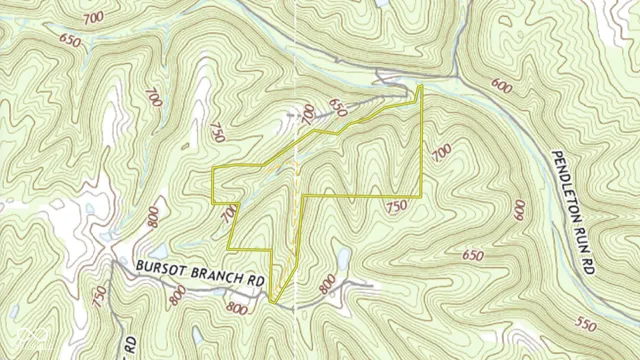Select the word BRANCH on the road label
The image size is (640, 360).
point(212,274)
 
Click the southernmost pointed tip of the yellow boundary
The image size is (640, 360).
point(272,301)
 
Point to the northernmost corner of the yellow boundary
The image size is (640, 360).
point(420,86)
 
